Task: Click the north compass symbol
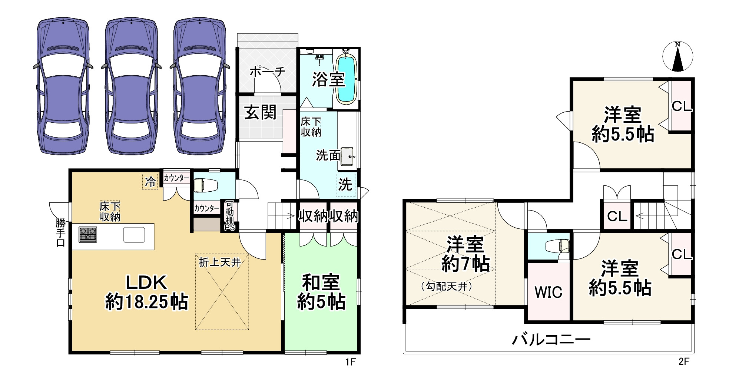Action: tap(677, 57)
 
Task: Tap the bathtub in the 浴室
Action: tap(347, 78)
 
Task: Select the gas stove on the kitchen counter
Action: tap(88, 235)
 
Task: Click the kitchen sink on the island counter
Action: tap(134, 235)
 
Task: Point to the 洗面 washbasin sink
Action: tap(348, 156)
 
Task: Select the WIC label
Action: tap(548, 293)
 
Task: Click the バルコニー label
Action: tap(551, 339)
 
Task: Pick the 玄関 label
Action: tap(261, 112)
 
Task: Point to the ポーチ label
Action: tap(267, 71)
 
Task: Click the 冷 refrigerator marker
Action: tap(150, 182)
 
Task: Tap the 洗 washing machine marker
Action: tap(345, 185)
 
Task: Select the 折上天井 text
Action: tap(220, 263)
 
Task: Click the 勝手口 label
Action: tap(60, 232)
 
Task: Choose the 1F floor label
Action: tap(350, 362)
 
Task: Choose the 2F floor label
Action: tap(684, 361)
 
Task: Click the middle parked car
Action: tap(131, 86)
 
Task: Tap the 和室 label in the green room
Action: tap(321, 283)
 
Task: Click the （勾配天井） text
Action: tap(447, 286)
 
